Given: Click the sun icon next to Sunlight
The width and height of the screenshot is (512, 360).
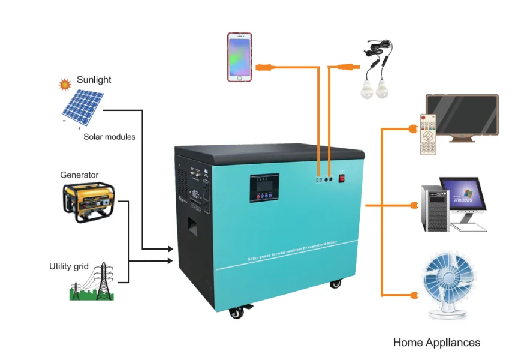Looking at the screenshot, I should pos(65,85).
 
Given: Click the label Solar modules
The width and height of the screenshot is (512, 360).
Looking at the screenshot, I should pos(109,137).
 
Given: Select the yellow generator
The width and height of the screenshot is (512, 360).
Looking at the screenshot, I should pos(88,202).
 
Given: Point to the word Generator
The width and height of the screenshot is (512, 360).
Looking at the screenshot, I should pos(79,175).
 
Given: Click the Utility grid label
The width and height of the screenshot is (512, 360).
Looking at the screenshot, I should pos(69,266).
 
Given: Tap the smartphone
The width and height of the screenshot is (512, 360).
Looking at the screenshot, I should pos(239,57).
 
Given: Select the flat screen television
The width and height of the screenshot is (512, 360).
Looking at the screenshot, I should pos(462,117).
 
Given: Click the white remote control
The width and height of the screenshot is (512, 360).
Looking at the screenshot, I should pos(427,134).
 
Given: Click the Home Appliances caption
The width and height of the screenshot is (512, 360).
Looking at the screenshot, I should pos(436,343).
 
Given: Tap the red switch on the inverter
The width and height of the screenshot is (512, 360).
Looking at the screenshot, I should pos(342,178).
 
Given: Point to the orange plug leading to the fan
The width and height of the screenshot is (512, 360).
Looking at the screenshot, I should pos(412,295).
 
